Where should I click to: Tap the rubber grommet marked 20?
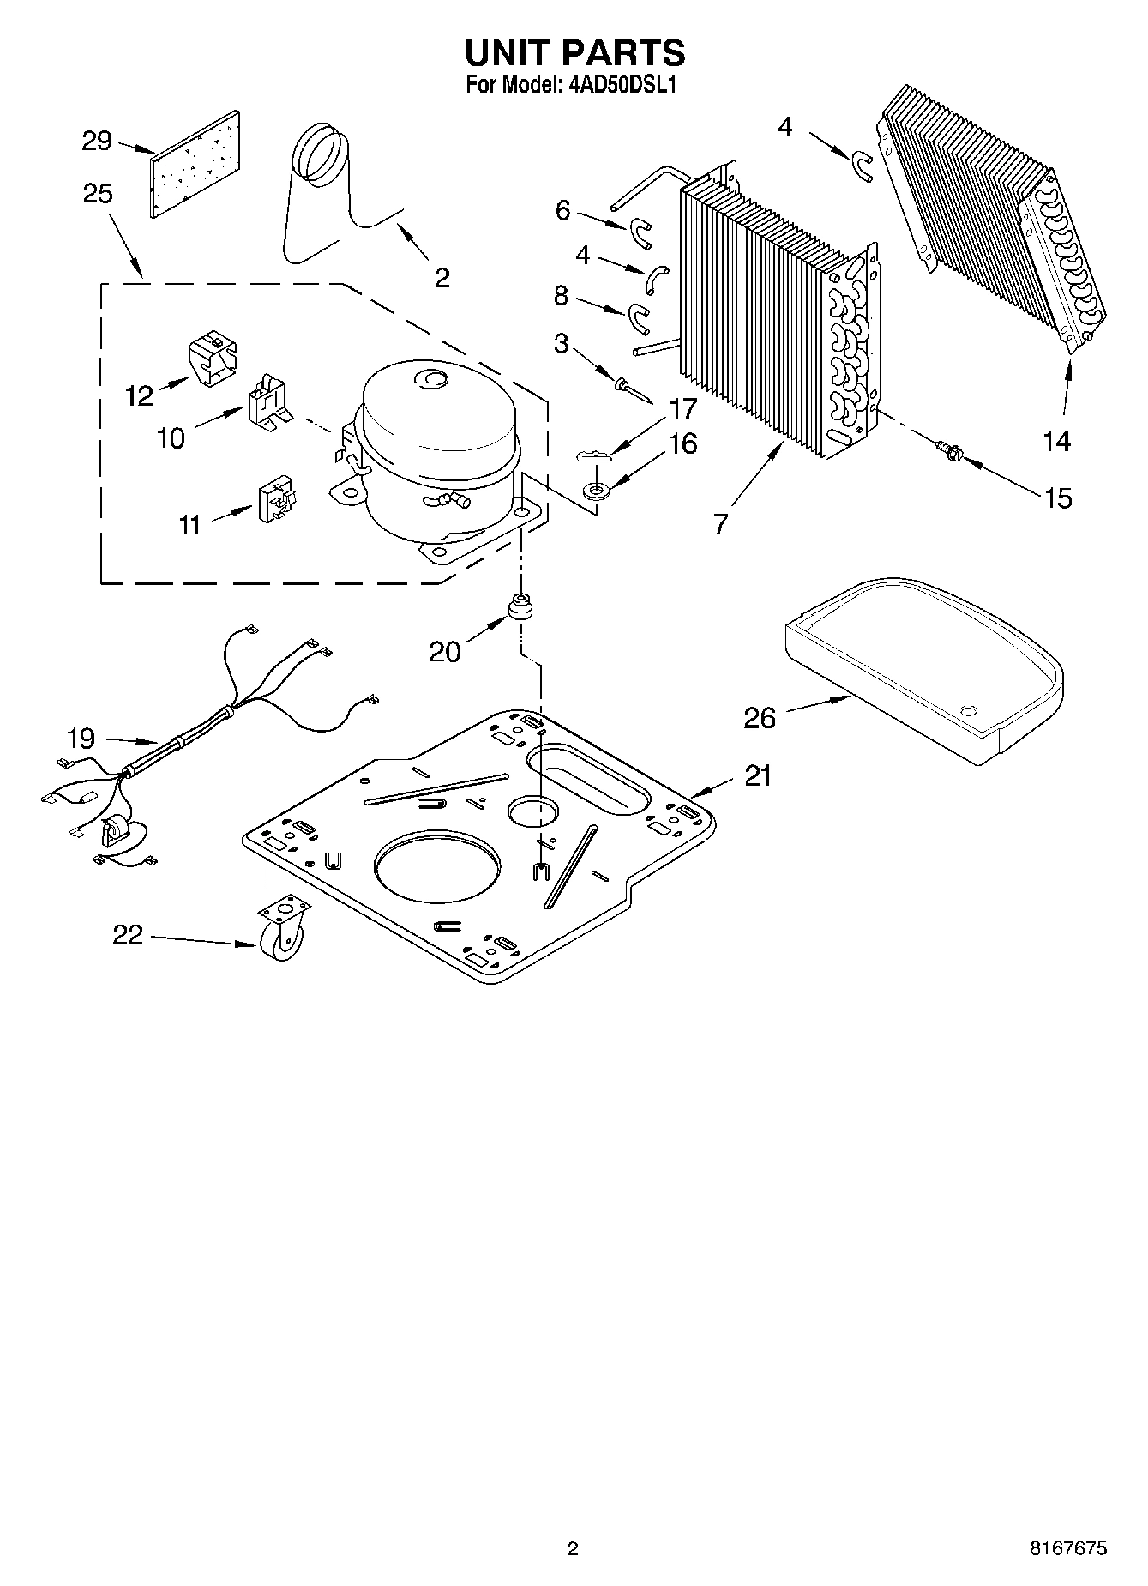pyautogui.click(x=519, y=608)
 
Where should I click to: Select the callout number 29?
pyautogui.click(x=97, y=140)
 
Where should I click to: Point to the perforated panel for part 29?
pyautogui.click(x=195, y=164)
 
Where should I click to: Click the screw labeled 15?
pyautogui.click(x=947, y=448)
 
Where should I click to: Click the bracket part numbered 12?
pyautogui.click(x=212, y=359)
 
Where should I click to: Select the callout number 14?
pyautogui.click(x=1057, y=441)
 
